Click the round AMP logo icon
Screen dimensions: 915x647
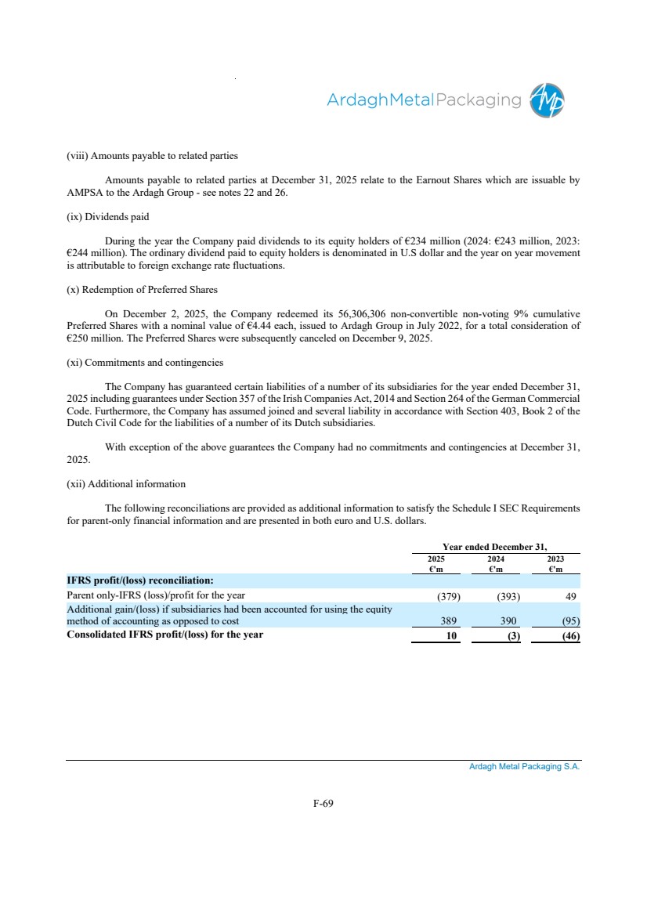click(547, 100)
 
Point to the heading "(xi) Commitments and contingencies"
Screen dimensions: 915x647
click(145, 363)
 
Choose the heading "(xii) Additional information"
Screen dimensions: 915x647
click(126, 483)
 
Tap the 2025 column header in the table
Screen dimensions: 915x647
click(436, 559)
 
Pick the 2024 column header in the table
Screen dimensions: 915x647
click(495, 559)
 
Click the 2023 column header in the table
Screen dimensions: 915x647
click(555, 559)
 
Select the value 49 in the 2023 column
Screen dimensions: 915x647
click(570, 596)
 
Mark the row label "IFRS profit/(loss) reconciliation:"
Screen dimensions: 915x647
click(140, 580)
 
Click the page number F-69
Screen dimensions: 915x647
click(323, 802)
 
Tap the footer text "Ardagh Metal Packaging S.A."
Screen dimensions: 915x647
click(524, 768)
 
